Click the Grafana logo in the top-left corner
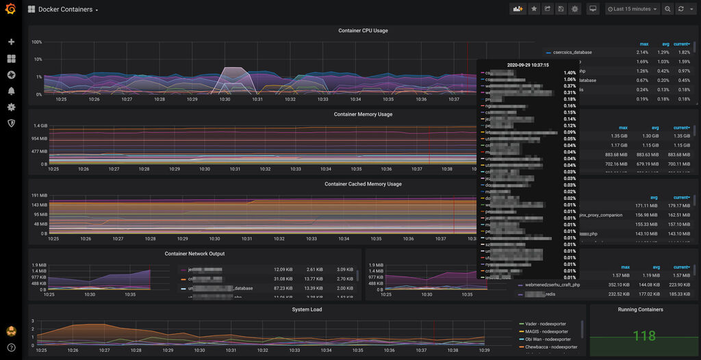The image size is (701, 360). (11, 9)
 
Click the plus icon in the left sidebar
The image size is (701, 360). (11, 42)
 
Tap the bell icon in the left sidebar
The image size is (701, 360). (11, 91)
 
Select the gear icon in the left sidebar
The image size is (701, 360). (11, 107)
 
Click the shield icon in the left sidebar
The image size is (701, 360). (11, 123)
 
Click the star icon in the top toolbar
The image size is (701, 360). (534, 9)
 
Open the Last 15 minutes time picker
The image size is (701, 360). (633, 9)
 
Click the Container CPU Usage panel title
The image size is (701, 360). (363, 31)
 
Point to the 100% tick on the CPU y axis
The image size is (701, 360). (37, 42)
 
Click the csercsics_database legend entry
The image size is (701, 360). (572, 52)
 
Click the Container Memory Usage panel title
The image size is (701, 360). (363, 114)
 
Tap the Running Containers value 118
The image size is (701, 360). (644, 336)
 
